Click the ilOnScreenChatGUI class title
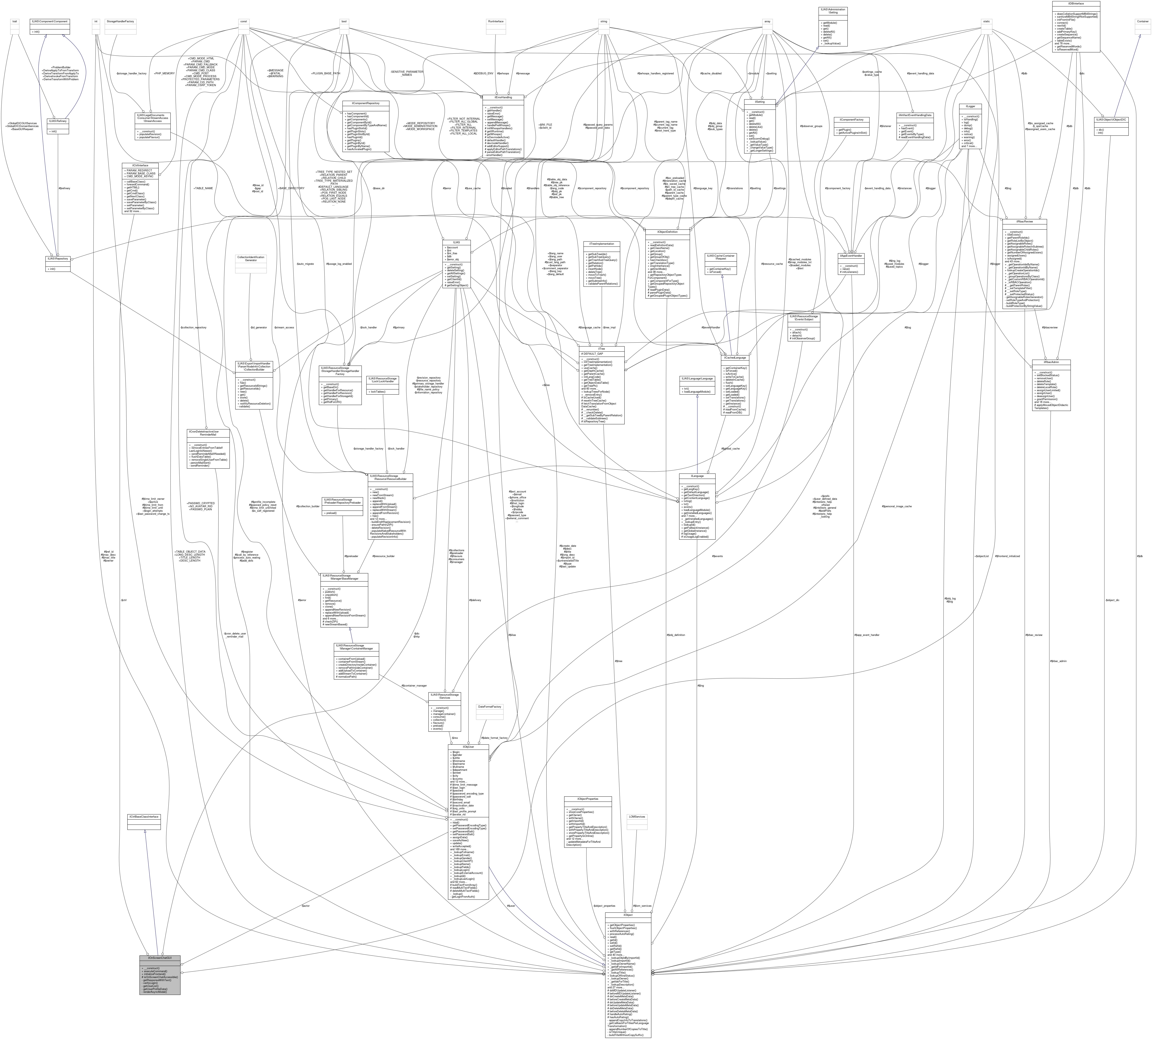(x=160, y=957)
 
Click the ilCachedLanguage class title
(x=735, y=357)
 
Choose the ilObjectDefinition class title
(x=667, y=232)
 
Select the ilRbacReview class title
(x=1024, y=221)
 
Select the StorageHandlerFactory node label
(x=120, y=21)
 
